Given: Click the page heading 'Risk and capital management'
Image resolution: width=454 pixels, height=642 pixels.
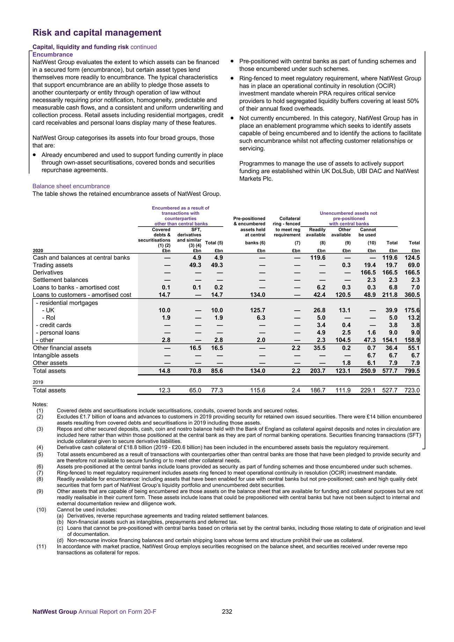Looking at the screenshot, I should (97, 33).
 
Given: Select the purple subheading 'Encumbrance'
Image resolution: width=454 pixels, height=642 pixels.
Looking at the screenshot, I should (53, 54).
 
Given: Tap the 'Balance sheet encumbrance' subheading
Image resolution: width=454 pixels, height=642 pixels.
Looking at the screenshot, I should (71, 186).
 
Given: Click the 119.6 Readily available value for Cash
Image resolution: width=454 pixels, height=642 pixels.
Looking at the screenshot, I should (318, 258).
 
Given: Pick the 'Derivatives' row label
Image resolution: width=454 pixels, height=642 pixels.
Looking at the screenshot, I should (48, 273).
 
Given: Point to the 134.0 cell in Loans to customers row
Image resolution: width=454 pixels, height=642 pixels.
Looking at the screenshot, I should (257, 295).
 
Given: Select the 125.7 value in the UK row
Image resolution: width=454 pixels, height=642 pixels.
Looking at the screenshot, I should (257, 310).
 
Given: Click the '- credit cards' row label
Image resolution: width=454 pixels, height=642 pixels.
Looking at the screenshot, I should (53, 325).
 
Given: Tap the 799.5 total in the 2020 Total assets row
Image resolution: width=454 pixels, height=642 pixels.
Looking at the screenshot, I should (412, 371).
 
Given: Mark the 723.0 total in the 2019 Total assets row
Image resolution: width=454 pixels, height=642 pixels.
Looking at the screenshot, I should (412, 390).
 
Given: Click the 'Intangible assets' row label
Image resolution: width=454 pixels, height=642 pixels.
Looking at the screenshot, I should (56, 355).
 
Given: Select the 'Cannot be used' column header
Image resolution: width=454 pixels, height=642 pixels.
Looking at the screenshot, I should (368, 232).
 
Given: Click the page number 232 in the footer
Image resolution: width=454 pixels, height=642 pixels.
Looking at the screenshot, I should (227, 612).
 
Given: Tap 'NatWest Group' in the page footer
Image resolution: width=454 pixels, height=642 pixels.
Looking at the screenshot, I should (54, 612).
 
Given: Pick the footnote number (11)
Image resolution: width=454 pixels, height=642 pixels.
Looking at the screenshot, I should (41, 546).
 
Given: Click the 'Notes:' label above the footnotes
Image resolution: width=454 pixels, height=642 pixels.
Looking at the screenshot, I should (40, 404).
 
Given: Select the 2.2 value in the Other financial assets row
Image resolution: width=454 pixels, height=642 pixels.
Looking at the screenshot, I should (296, 348).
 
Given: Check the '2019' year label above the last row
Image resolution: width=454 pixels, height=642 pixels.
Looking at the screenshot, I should (38, 382).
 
